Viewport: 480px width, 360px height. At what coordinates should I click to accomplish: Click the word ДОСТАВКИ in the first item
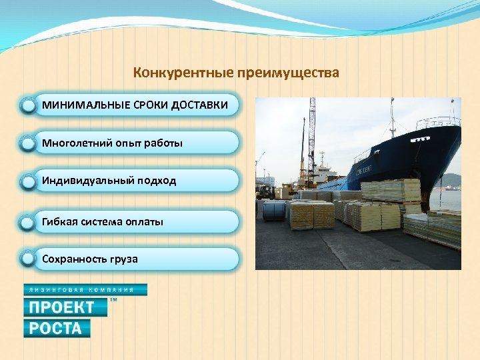pyautogui.click(x=199, y=105)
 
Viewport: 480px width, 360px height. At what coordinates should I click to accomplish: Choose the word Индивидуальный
pyautogui.click(x=84, y=181)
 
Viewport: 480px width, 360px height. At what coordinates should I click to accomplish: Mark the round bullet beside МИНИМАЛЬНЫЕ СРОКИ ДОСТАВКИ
pyautogui.click(x=27, y=105)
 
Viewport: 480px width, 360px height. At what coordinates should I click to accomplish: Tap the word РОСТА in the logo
pyautogui.click(x=57, y=328)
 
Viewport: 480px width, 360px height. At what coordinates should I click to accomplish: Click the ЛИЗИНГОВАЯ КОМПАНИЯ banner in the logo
pyautogui.click(x=85, y=290)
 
